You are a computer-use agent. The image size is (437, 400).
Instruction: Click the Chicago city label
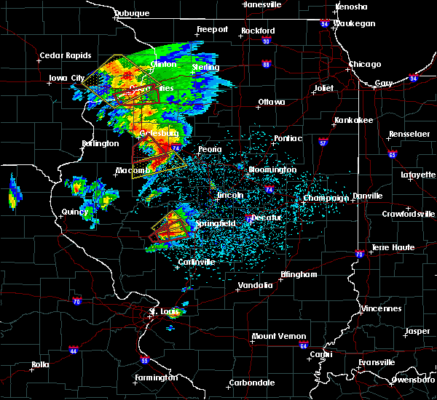364,64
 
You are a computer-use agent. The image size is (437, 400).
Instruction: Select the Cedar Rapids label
66,55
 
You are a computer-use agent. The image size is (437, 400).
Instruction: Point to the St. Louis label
164,311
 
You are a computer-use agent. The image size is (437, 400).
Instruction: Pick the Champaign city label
326,198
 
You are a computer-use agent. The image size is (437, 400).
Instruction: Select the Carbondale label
251,382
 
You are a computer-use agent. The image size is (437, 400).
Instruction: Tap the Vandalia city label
255,285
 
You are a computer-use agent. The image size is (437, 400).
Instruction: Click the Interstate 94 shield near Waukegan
325,24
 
